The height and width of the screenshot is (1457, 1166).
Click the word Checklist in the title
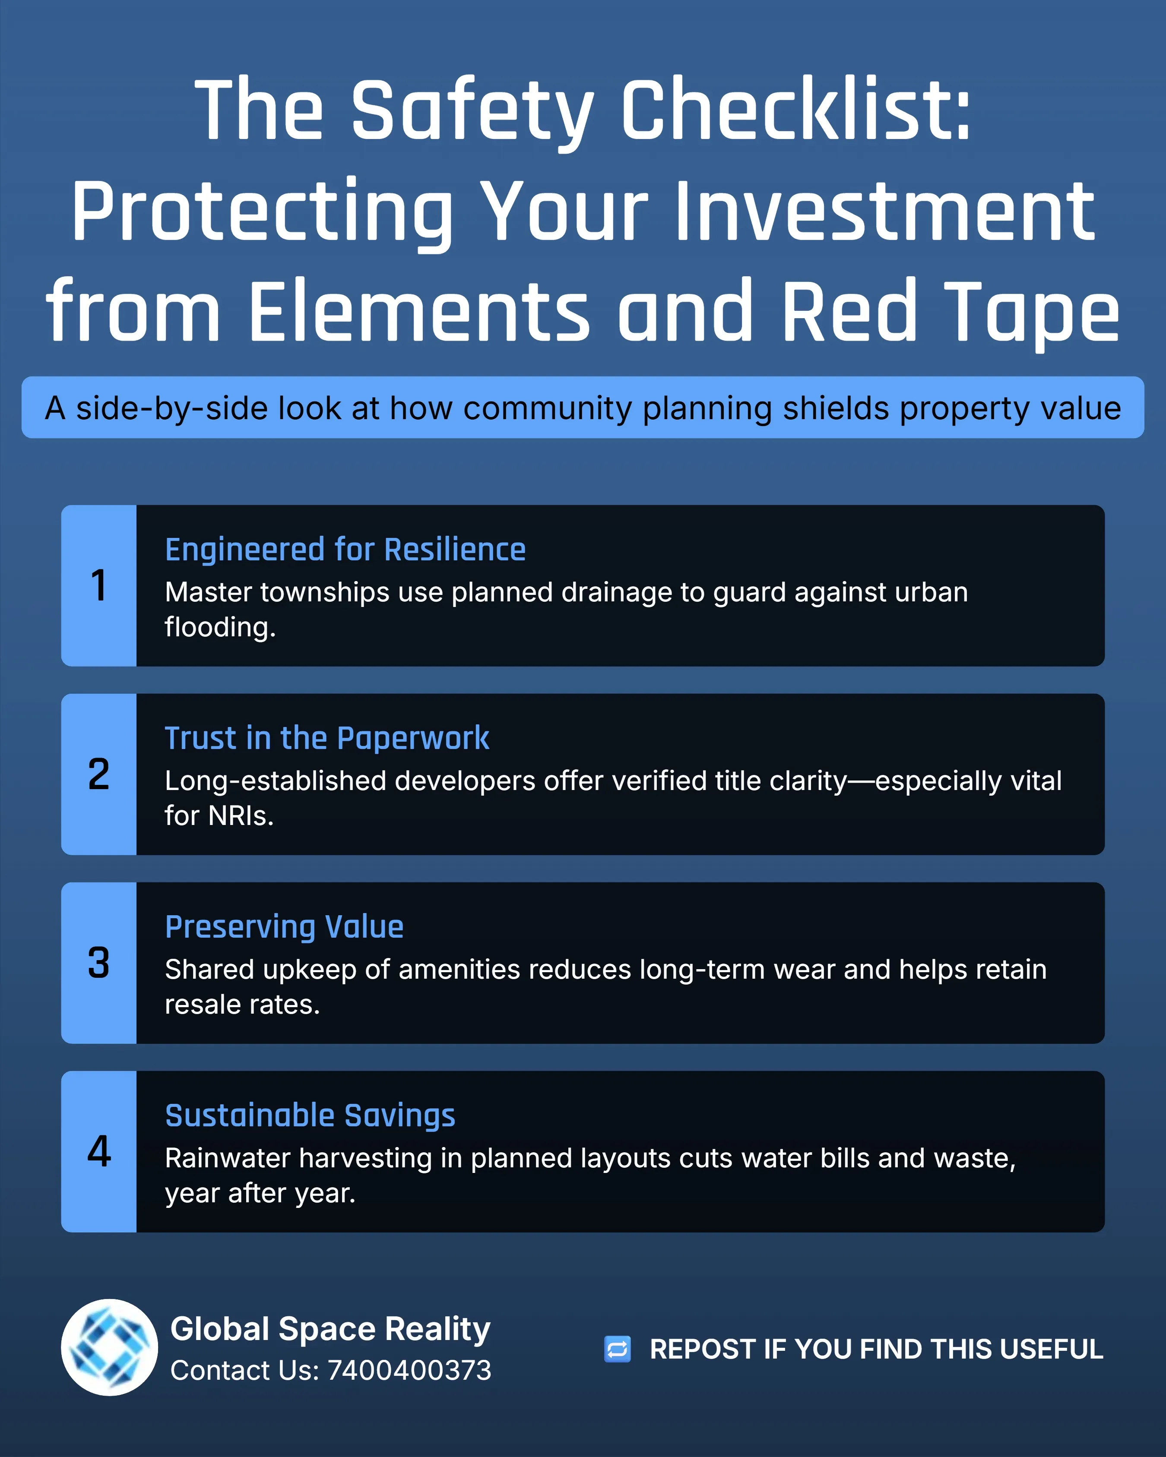(795, 110)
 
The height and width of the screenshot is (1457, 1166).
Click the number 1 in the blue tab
(99, 585)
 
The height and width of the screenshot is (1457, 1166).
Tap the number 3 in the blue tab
(99, 963)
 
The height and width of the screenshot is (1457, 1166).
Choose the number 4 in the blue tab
(99, 1151)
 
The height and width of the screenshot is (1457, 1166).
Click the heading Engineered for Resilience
(345, 550)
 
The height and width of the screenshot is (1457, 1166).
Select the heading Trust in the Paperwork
(327, 738)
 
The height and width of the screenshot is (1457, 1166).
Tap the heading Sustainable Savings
(310, 1116)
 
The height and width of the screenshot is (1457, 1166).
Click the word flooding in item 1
(220, 628)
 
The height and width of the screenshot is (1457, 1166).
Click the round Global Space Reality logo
(110, 1347)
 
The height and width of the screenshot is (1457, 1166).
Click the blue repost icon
(617, 1350)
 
